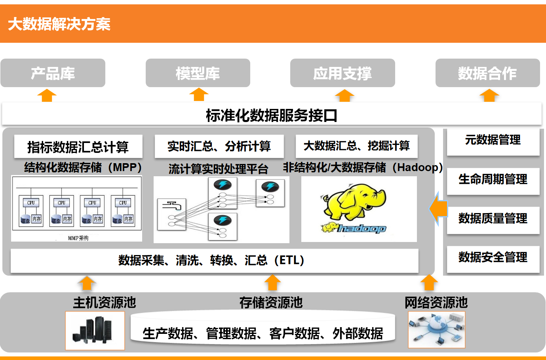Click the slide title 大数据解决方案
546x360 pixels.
click(59, 24)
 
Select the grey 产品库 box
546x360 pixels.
click(53, 73)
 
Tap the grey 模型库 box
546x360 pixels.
click(198, 73)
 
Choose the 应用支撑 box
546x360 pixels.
click(342, 73)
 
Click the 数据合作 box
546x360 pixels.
click(487, 73)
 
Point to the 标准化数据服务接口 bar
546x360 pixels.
click(272, 115)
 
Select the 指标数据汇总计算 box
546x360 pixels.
click(78, 147)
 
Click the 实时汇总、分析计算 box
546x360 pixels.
click(219, 146)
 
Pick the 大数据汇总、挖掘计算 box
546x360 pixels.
click(356, 146)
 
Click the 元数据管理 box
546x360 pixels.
click(493, 140)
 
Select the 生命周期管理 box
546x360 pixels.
click(493, 179)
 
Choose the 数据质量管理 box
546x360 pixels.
click(493, 218)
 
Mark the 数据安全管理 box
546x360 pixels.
click(493, 257)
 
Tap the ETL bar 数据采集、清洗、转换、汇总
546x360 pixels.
click(214, 260)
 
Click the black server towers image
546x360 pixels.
click(95, 330)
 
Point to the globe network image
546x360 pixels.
click(436, 330)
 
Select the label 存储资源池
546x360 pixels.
click(271, 303)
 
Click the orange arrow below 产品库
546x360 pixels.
click(47, 95)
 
